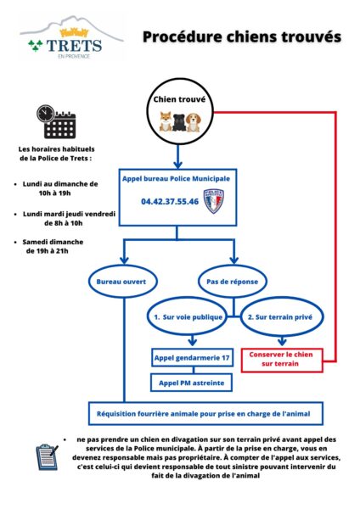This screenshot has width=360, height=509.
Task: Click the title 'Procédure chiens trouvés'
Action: (242, 37)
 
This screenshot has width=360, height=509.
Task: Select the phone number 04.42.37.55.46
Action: (170, 202)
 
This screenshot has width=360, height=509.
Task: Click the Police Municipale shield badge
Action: (214, 201)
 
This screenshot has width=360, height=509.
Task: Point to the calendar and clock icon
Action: (56, 121)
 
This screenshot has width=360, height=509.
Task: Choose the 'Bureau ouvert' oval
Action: (123, 282)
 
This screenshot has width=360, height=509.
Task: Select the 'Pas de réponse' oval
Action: (233, 282)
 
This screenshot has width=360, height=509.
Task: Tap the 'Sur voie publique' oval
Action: (188, 316)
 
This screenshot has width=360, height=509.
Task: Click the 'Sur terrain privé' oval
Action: (282, 316)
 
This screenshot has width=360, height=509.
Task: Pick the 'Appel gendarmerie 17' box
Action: (193, 358)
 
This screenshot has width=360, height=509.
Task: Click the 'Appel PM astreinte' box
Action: (191, 383)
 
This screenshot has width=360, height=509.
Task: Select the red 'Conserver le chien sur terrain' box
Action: (282, 360)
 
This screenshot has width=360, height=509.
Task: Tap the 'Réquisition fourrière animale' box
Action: (205, 414)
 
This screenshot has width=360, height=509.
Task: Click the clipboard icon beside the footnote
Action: (47, 457)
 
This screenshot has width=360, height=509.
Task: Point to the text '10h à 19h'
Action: (54, 193)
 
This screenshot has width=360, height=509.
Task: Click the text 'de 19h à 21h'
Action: (47, 251)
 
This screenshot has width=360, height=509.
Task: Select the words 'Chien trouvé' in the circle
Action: (179, 99)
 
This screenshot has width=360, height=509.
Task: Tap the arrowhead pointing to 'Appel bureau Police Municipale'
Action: (177, 165)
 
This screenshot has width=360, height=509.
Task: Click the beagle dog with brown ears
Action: (194, 122)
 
